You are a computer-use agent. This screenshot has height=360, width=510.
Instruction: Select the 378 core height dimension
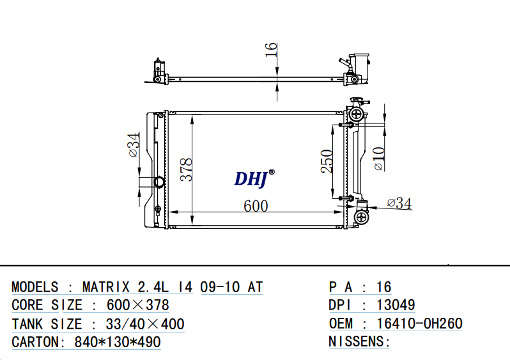point(187,169)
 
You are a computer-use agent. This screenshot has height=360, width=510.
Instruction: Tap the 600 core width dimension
point(256,206)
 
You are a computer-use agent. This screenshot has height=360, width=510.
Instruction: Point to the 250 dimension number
point(327,161)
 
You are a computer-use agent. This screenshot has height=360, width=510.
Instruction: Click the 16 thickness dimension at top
point(271,50)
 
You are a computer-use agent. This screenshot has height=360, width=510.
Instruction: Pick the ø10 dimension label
point(379,159)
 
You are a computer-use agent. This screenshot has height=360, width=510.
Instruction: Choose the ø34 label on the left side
point(134,145)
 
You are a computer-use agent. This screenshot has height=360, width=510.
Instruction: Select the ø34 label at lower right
point(399,203)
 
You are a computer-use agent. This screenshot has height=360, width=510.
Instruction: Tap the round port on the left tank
point(159,182)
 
